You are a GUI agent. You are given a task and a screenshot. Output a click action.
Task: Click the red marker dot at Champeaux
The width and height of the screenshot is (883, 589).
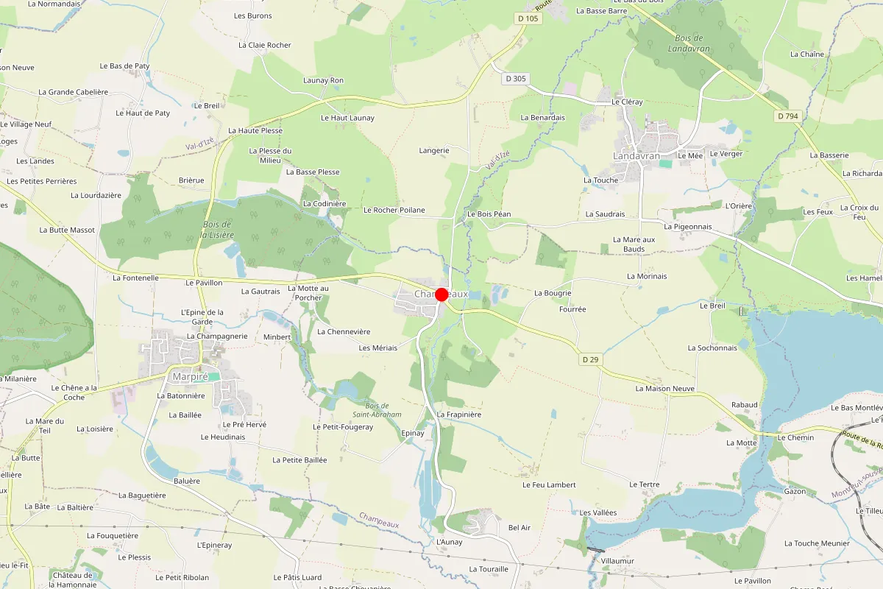click(441, 294)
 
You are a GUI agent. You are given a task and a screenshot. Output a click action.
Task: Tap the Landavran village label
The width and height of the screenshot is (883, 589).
click(636, 156)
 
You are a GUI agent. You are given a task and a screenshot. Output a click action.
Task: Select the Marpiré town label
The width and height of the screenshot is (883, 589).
click(190, 376)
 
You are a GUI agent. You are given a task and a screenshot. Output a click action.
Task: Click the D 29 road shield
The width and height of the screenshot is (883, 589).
click(590, 359)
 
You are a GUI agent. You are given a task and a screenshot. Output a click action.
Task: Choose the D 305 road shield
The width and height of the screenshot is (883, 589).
click(517, 78)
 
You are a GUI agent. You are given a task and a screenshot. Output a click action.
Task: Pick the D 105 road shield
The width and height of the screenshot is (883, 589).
click(528, 18)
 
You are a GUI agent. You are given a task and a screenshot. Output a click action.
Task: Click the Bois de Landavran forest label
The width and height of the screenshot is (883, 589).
click(689, 43)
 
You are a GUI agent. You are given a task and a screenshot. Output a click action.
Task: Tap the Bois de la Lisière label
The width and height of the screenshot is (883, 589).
click(217, 230)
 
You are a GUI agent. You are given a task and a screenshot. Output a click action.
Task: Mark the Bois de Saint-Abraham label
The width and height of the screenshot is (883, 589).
click(383, 410)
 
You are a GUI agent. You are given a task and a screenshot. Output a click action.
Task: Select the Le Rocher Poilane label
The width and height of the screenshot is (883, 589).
click(394, 210)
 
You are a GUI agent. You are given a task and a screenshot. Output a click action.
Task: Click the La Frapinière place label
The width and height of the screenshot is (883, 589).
click(458, 415)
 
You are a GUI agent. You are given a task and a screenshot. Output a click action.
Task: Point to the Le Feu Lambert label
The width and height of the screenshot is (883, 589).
click(549, 485)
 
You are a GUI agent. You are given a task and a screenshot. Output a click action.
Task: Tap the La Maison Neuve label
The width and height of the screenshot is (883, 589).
click(665, 388)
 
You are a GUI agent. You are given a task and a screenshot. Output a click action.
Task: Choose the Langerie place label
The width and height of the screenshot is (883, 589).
click(434, 150)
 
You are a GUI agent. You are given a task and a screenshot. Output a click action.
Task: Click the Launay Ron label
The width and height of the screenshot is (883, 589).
click(323, 80)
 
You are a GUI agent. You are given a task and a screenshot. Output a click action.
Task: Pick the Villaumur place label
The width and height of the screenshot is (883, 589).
click(617, 561)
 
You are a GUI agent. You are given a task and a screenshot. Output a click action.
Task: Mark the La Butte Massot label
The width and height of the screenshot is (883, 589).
click(67, 230)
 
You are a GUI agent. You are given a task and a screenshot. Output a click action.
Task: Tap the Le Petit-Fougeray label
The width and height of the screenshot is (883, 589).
click(343, 427)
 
